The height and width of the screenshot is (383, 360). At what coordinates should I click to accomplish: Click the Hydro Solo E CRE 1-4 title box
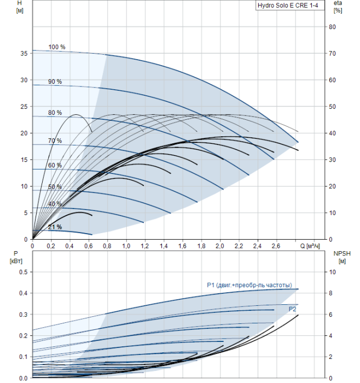[290, 5]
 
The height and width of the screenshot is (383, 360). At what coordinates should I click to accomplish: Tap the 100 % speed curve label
[57, 47]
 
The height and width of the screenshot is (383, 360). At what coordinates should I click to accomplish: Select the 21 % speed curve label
[55, 227]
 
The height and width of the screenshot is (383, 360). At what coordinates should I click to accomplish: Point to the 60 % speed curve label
[55, 165]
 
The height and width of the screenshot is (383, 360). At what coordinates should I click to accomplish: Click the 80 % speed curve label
[55, 113]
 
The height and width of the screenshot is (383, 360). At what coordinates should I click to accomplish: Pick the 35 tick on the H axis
[24, 54]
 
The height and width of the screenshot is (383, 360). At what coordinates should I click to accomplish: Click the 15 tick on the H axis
[24, 160]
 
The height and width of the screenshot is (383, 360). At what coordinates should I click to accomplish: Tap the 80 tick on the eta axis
[332, 27]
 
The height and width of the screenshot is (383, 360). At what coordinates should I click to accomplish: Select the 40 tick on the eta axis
[332, 133]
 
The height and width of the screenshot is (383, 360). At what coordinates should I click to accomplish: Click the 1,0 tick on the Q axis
[126, 246]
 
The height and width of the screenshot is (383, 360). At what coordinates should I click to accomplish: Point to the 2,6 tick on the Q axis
[276, 246]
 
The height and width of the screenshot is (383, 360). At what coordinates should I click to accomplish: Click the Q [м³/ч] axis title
[310, 246]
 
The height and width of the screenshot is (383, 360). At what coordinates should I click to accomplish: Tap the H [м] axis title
[20, 7]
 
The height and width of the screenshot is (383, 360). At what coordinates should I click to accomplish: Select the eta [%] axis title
[338, 7]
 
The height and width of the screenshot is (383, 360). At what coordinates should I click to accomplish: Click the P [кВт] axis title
[16, 258]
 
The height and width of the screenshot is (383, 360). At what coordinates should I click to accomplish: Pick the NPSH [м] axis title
[342, 258]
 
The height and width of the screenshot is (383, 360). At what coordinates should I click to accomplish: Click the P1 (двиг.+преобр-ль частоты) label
[249, 285]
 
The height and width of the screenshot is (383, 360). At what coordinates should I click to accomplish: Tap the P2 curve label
[292, 309]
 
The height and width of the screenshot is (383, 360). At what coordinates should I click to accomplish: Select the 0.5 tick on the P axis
[23, 272]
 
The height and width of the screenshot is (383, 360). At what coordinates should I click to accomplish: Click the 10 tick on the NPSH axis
[333, 272]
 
